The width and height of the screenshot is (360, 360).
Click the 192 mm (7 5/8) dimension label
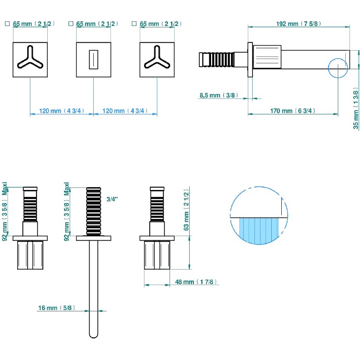[298, 24]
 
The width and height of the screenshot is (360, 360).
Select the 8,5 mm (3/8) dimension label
[218, 95]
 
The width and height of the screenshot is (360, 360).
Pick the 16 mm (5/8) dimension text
[56, 308]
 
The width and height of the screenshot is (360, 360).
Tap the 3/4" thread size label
[112, 200]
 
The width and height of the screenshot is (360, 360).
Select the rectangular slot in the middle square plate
[93, 59]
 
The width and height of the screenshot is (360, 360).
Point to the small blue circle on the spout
[338, 68]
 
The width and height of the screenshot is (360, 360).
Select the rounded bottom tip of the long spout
[93, 334]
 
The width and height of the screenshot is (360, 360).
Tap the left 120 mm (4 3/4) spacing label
[62, 111]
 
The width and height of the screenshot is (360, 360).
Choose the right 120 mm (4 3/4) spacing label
[125, 111]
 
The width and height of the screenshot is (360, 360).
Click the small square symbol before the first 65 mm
[7, 24]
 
